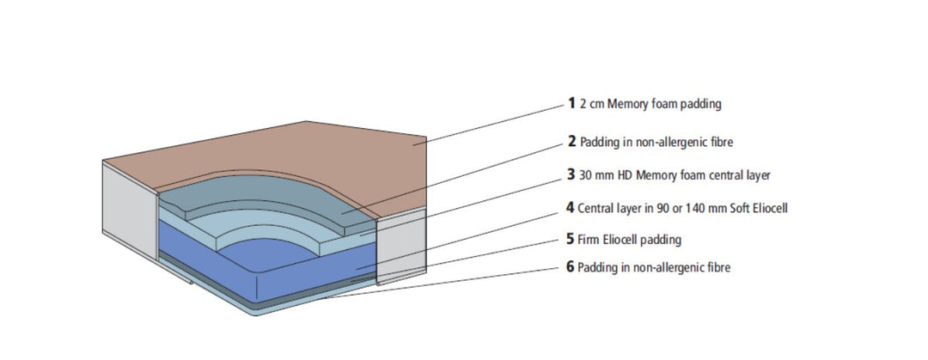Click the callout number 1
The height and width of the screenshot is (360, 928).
pyautogui.click(x=571, y=104)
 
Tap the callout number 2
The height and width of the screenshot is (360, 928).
pyautogui.click(x=571, y=141)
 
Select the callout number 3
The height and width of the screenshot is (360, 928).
pyautogui.click(x=571, y=174)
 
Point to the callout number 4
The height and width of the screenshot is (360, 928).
pyautogui.click(x=571, y=207)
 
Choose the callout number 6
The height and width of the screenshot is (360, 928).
pyautogui.click(x=571, y=267)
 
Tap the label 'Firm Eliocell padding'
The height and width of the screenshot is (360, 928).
pyautogui.click(x=629, y=240)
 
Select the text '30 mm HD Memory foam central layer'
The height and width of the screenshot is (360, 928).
pyautogui.click(x=675, y=175)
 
